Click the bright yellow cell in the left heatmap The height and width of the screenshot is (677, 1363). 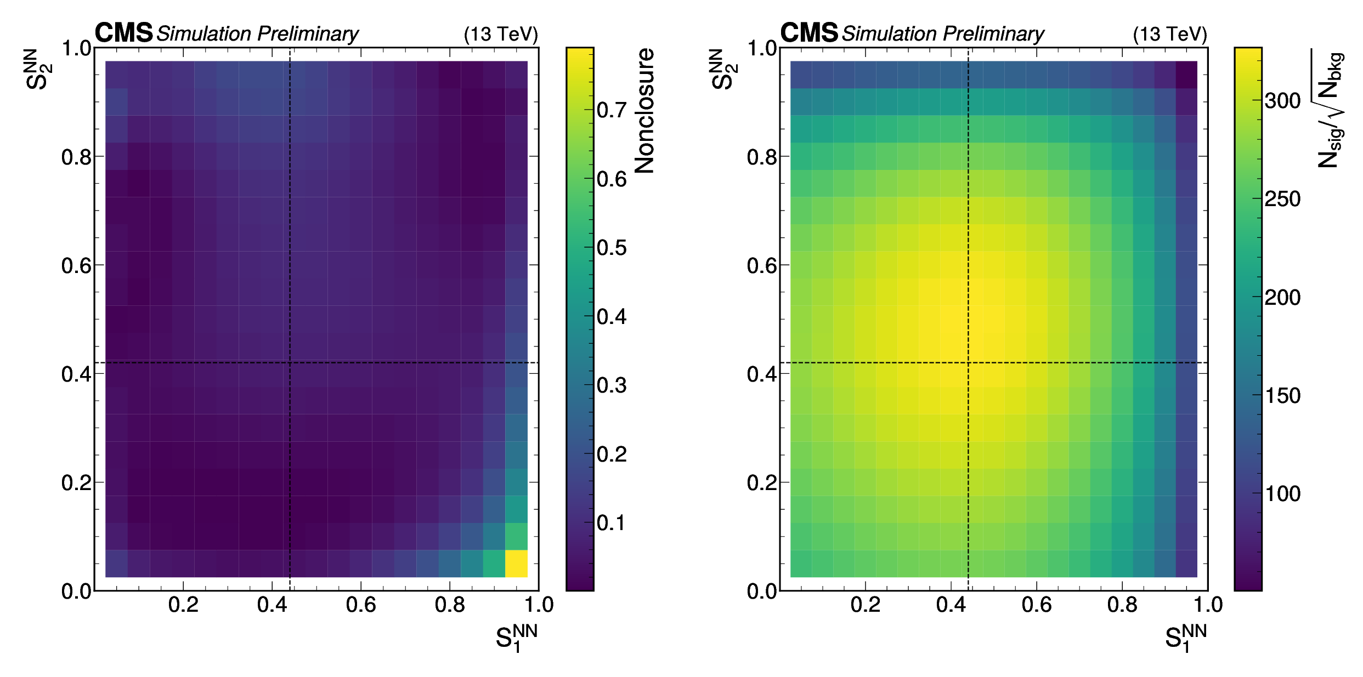pyautogui.click(x=516, y=563)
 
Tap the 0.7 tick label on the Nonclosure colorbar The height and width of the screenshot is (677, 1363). pyautogui.click(x=612, y=110)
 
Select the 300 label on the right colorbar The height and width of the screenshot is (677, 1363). pyautogui.click(x=1282, y=101)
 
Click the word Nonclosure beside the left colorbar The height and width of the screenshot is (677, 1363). pyautogui.click(x=645, y=111)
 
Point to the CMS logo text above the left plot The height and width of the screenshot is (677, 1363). pyautogui.click(x=123, y=33)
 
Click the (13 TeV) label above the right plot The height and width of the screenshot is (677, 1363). pyautogui.click(x=1170, y=34)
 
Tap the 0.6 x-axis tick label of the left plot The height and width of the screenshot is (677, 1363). pyautogui.click(x=361, y=605)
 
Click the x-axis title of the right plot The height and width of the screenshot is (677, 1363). pyautogui.click(x=1185, y=638)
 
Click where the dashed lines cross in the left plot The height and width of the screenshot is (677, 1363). pyautogui.click(x=290, y=362)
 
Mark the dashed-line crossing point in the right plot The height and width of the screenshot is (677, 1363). pyautogui.click(x=968, y=362)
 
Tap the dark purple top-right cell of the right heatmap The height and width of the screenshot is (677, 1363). pyautogui.click(x=1186, y=75)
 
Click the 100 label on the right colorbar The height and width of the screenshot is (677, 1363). pyautogui.click(x=1282, y=494)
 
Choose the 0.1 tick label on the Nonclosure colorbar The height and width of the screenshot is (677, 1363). pyautogui.click(x=612, y=523)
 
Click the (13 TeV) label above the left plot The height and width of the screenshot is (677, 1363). pyautogui.click(x=501, y=34)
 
